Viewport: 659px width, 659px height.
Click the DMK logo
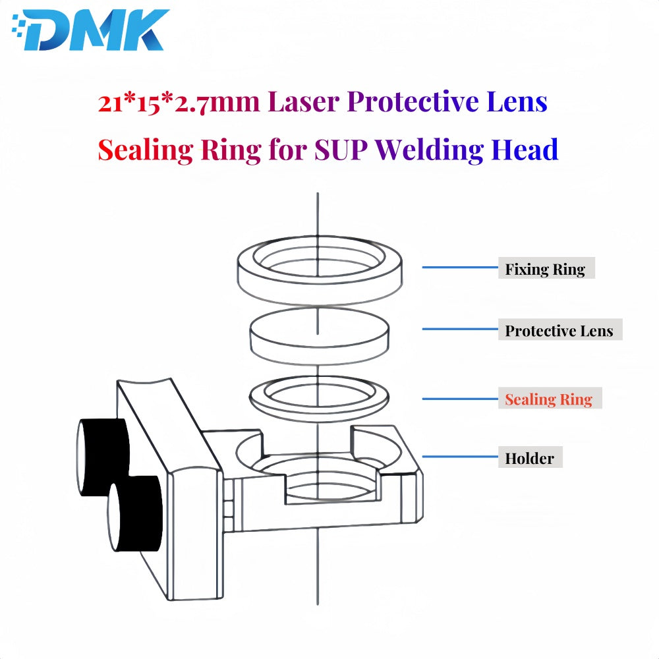(x=91, y=30)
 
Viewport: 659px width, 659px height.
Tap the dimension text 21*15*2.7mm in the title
(x=179, y=102)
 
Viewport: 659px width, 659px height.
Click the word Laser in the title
(x=303, y=101)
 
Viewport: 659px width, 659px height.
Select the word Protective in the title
(x=413, y=101)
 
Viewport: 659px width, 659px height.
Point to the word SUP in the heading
(x=341, y=150)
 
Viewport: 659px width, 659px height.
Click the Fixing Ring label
(x=546, y=268)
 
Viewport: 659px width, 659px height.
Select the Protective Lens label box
(x=559, y=329)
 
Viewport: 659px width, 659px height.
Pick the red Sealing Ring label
(x=550, y=398)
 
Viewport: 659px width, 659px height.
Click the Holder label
(x=530, y=457)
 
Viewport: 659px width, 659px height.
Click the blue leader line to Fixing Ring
(x=460, y=267)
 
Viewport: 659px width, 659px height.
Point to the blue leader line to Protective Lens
(x=460, y=329)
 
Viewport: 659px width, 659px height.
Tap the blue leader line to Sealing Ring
(x=460, y=399)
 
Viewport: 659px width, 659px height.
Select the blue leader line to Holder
(x=460, y=456)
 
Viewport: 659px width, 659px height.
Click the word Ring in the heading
(x=231, y=150)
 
